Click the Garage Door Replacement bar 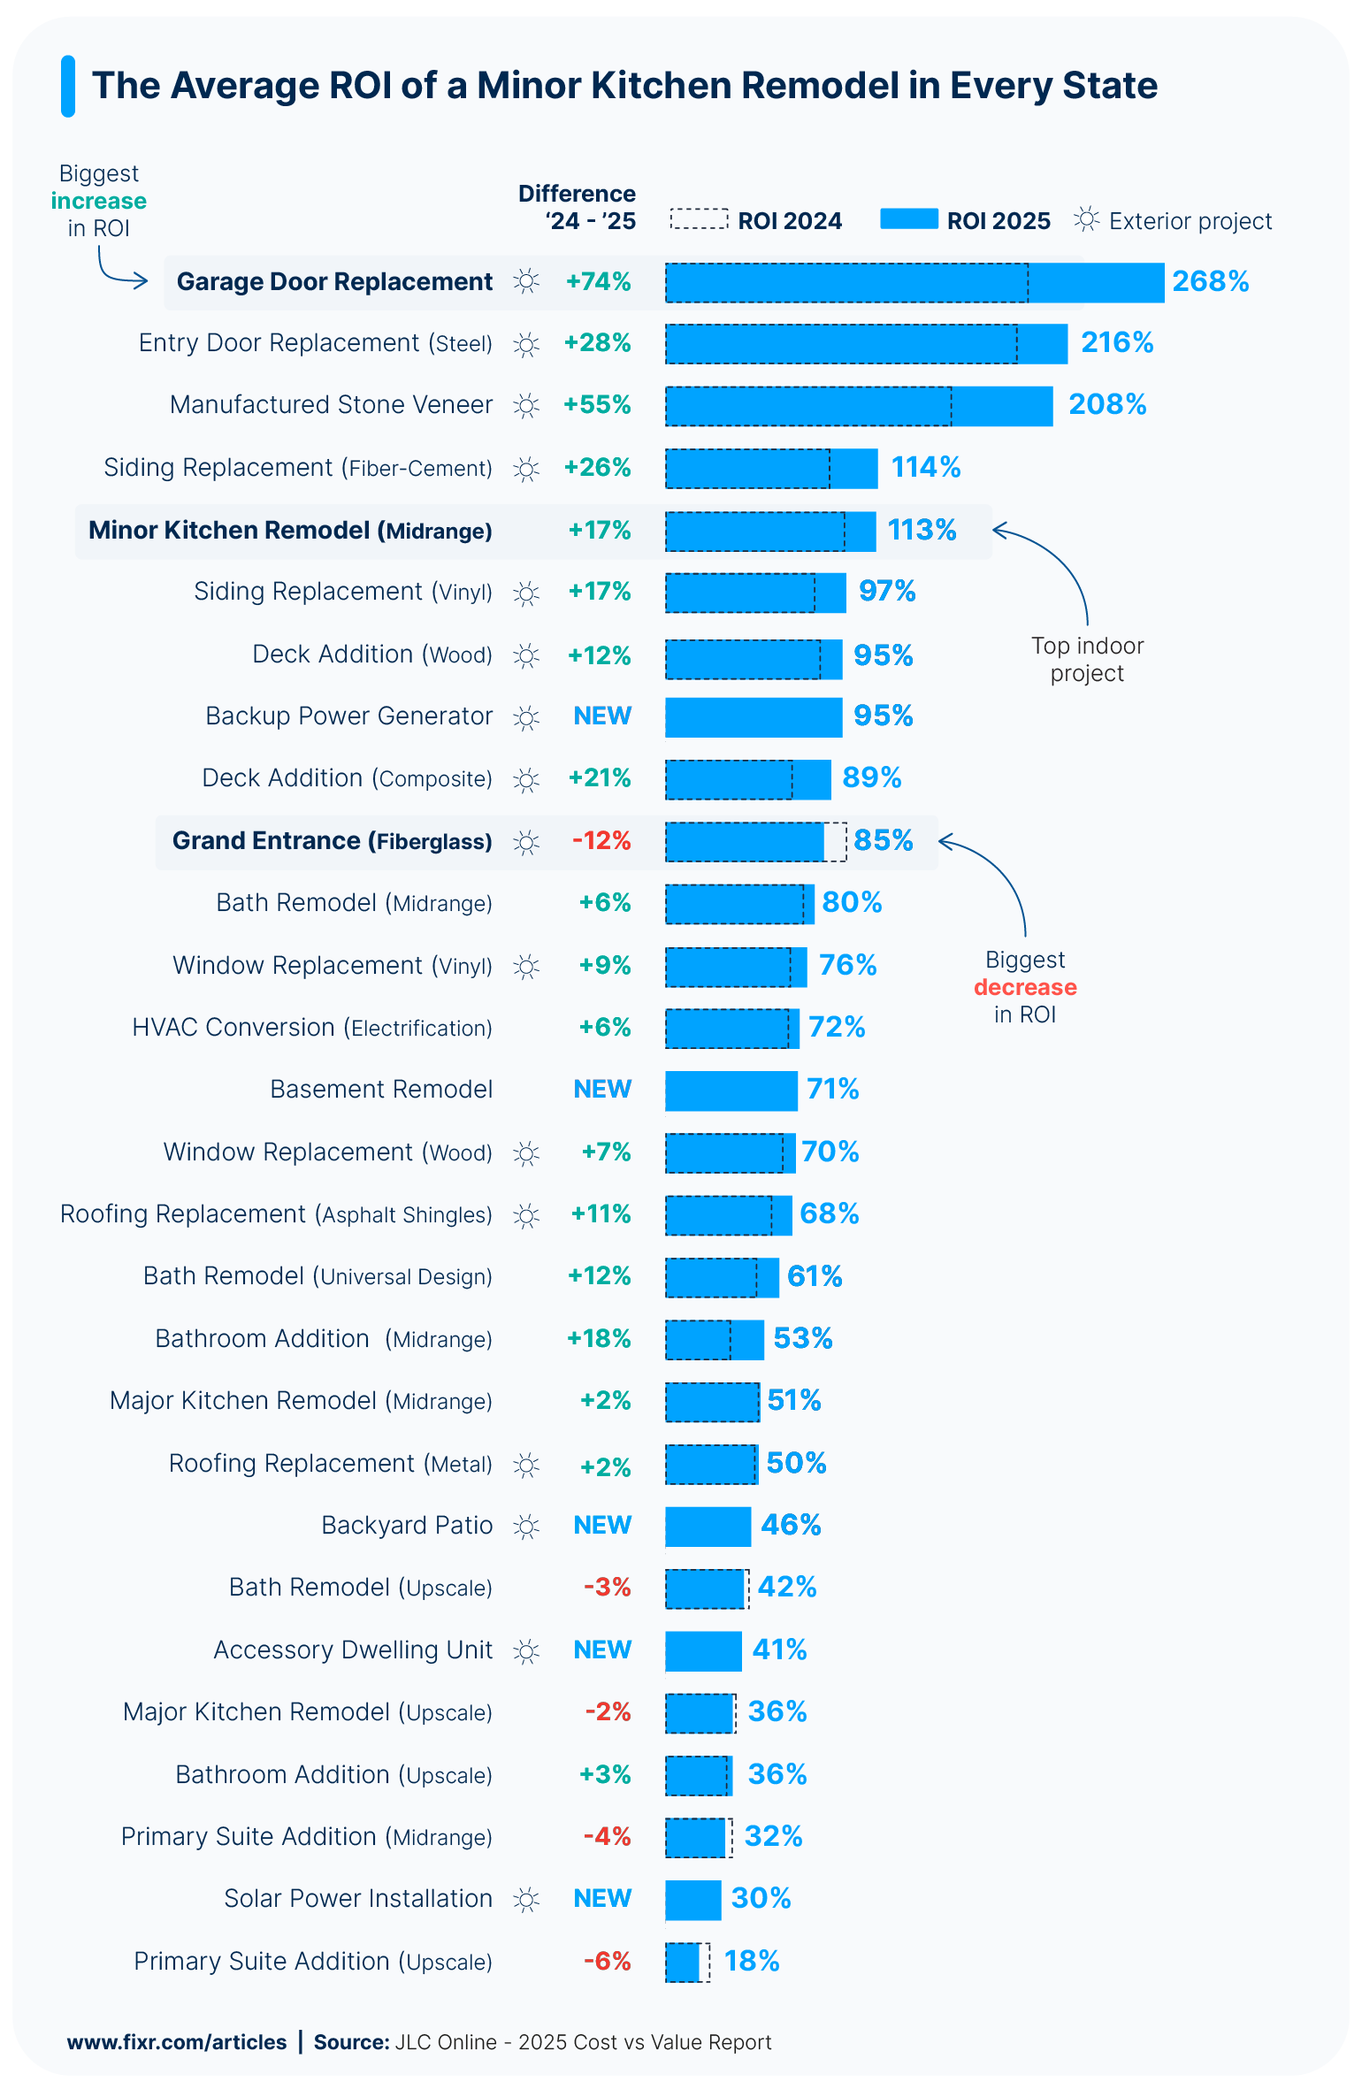(914, 282)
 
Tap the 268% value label (1210, 281)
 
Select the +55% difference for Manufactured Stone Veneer (598, 404)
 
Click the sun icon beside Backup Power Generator (526, 717)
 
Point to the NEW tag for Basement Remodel (602, 1089)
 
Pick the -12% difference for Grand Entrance (601, 840)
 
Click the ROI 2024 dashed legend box (699, 219)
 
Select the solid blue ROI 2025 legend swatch (908, 219)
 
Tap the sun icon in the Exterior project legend (1087, 219)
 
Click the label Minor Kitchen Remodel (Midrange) (290, 531)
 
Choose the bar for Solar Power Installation (693, 1900)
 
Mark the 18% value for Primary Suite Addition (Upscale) (751, 1961)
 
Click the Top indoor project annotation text (1087, 660)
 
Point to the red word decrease (1025, 987)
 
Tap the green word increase (98, 201)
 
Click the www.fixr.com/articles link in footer (177, 2042)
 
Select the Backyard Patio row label (407, 1526)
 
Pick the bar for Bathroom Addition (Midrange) (714, 1340)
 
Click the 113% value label (922, 530)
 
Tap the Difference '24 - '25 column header (577, 207)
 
